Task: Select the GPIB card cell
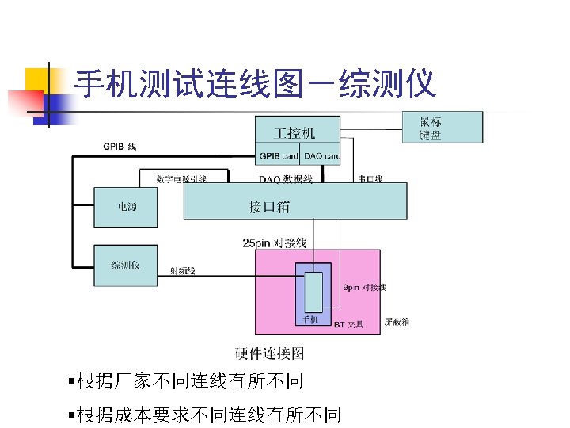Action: pyautogui.click(x=278, y=156)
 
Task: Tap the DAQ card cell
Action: pyautogui.click(x=321, y=156)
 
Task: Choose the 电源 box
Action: pyautogui.click(x=126, y=207)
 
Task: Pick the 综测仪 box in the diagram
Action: pyautogui.click(x=126, y=266)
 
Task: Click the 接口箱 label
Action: pyautogui.click(x=269, y=207)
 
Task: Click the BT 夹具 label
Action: pyautogui.click(x=348, y=324)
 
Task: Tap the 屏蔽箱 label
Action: pyautogui.click(x=397, y=322)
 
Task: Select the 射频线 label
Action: pyautogui.click(x=184, y=271)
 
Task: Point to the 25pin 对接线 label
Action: pyautogui.click(x=274, y=243)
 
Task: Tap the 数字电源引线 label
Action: pyautogui.click(x=181, y=179)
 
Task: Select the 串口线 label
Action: pyautogui.click(x=370, y=179)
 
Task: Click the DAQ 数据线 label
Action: pyautogui.click(x=285, y=179)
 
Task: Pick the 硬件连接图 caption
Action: pyautogui.click(x=269, y=353)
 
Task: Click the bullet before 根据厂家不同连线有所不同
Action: pyautogui.click(x=72, y=382)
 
